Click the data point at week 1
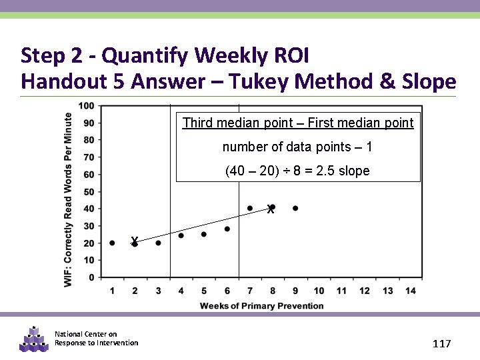[112, 243]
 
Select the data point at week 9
[295, 208]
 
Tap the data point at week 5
[203, 234]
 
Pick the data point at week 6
[227, 229]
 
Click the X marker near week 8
[270, 209]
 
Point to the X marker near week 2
[135, 241]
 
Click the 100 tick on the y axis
[86, 105]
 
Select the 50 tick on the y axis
[88, 191]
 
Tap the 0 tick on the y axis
[91, 277]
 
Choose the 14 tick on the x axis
[410, 291]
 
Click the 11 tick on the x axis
[341, 291]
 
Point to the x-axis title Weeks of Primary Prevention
[262, 306]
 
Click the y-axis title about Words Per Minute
[69, 200]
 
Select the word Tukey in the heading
[257, 81]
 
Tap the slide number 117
[441, 344]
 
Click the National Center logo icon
[34, 339]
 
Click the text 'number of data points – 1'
[297, 147]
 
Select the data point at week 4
[181, 235]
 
